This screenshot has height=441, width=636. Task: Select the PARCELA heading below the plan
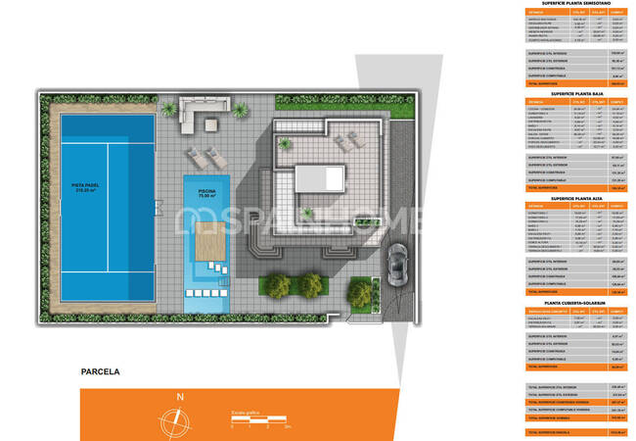click(100, 372)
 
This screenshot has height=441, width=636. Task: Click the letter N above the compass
click(179, 396)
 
